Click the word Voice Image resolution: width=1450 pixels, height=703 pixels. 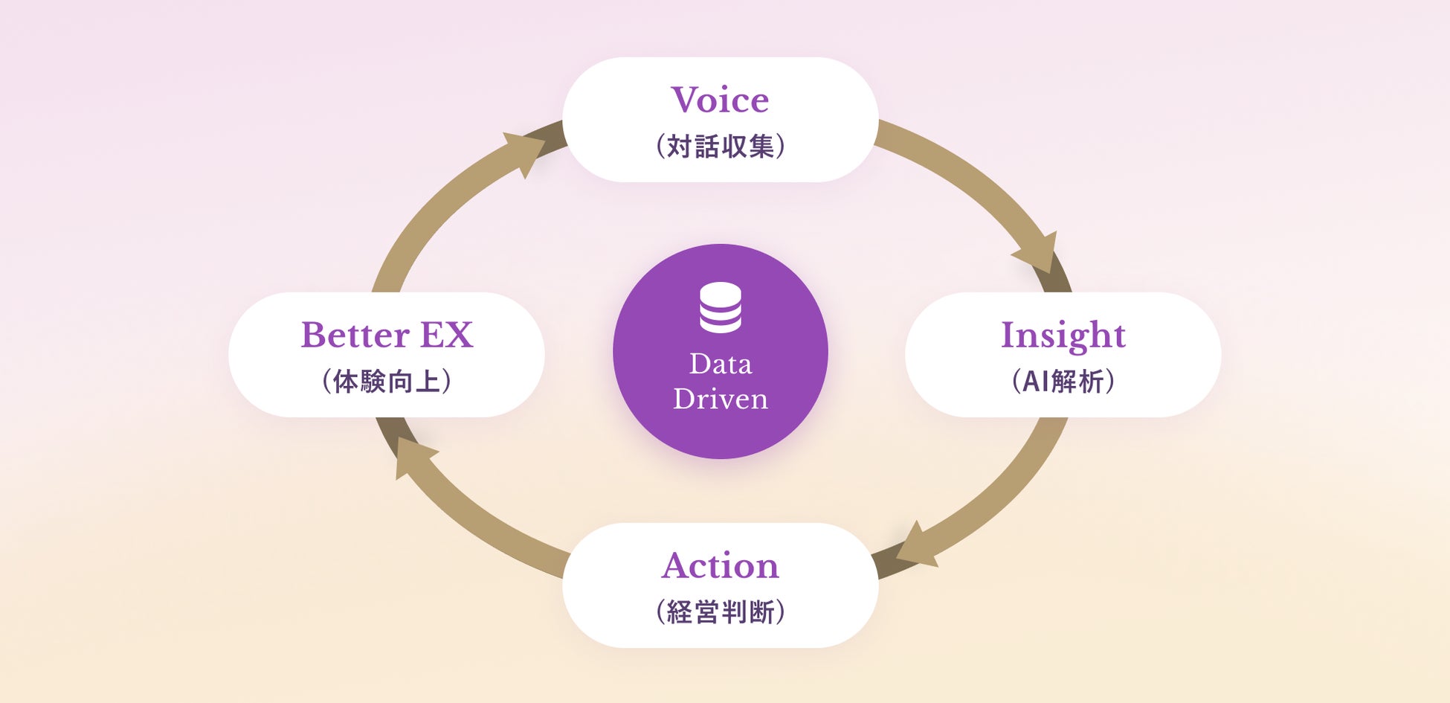click(x=720, y=100)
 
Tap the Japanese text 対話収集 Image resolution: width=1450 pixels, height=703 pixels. click(x=721, y=147)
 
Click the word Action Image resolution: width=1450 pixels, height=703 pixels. click(x=720, y=565)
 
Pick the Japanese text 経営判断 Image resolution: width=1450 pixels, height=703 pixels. click(x=721, y=611)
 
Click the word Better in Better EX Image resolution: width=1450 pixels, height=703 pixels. click(x=355, y=335)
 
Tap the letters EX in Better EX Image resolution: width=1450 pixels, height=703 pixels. click(x=446, y=335)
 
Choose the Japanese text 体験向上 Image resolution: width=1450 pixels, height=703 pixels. click(x=387, y=381)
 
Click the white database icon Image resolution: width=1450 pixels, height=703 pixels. click(x=721, y=307)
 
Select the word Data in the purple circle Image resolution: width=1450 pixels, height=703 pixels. click(x=721, y=364)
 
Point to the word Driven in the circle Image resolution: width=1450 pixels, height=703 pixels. click(x=721, y=399)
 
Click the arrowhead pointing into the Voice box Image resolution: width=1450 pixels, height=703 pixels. click(x=526, y=151)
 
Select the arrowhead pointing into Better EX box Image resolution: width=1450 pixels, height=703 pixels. click(x=413, y=455)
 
